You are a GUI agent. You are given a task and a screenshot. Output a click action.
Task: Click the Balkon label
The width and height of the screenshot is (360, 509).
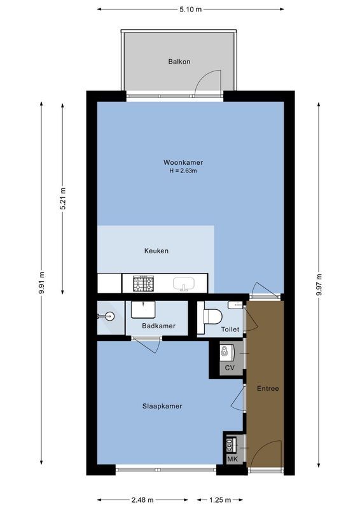tap(179, 62)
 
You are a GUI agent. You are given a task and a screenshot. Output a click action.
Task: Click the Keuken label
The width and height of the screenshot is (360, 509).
tap(156, 251)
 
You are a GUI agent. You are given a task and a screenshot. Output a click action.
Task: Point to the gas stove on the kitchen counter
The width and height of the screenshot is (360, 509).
tap(143, 283)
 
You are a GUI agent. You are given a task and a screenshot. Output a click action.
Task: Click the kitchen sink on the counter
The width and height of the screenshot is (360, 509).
tap(184, 283)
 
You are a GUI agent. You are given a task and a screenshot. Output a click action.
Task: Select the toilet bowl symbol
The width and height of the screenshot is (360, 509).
tap(212, 316)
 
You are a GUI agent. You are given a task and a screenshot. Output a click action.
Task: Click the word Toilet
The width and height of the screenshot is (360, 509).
tap(230, 330)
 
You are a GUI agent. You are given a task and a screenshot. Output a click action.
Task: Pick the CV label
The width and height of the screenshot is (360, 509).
tap(230, 368)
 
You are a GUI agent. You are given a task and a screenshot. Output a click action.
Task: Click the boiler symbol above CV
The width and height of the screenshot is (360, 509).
tap(226, 351)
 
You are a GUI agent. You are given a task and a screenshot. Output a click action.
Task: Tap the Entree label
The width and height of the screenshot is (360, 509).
tap(267, 388)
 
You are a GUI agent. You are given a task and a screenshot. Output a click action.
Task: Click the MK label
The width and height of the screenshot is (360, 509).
tap(232, 458)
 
